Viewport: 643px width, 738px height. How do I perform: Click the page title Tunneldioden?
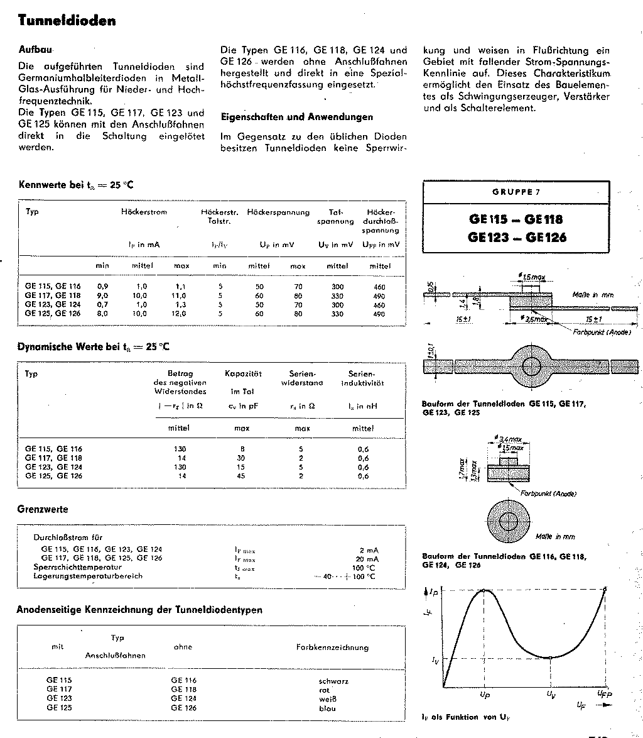point(67,21)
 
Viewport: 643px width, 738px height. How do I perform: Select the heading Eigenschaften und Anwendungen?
point(296,117)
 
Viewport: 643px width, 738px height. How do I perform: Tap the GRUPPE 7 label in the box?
point(516,192)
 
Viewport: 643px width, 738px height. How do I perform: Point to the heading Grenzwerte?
point(43,509)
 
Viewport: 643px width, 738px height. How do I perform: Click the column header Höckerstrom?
point(144,212)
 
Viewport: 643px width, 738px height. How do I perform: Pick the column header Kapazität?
point(243,374)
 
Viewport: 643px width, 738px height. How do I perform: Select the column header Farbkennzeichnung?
point(332,647)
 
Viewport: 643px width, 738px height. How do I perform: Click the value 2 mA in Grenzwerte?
point(369,550)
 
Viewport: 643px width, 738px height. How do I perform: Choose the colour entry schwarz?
point(333,681)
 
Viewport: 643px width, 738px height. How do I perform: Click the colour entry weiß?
point(328,699)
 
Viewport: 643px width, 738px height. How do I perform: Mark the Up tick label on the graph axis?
point(485,694)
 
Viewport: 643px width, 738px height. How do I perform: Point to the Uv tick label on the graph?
point(549,694)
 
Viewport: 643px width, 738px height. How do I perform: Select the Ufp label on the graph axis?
point(604,693)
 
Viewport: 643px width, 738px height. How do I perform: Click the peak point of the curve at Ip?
point(485,590)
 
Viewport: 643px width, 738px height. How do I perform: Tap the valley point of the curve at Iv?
point(549,658)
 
